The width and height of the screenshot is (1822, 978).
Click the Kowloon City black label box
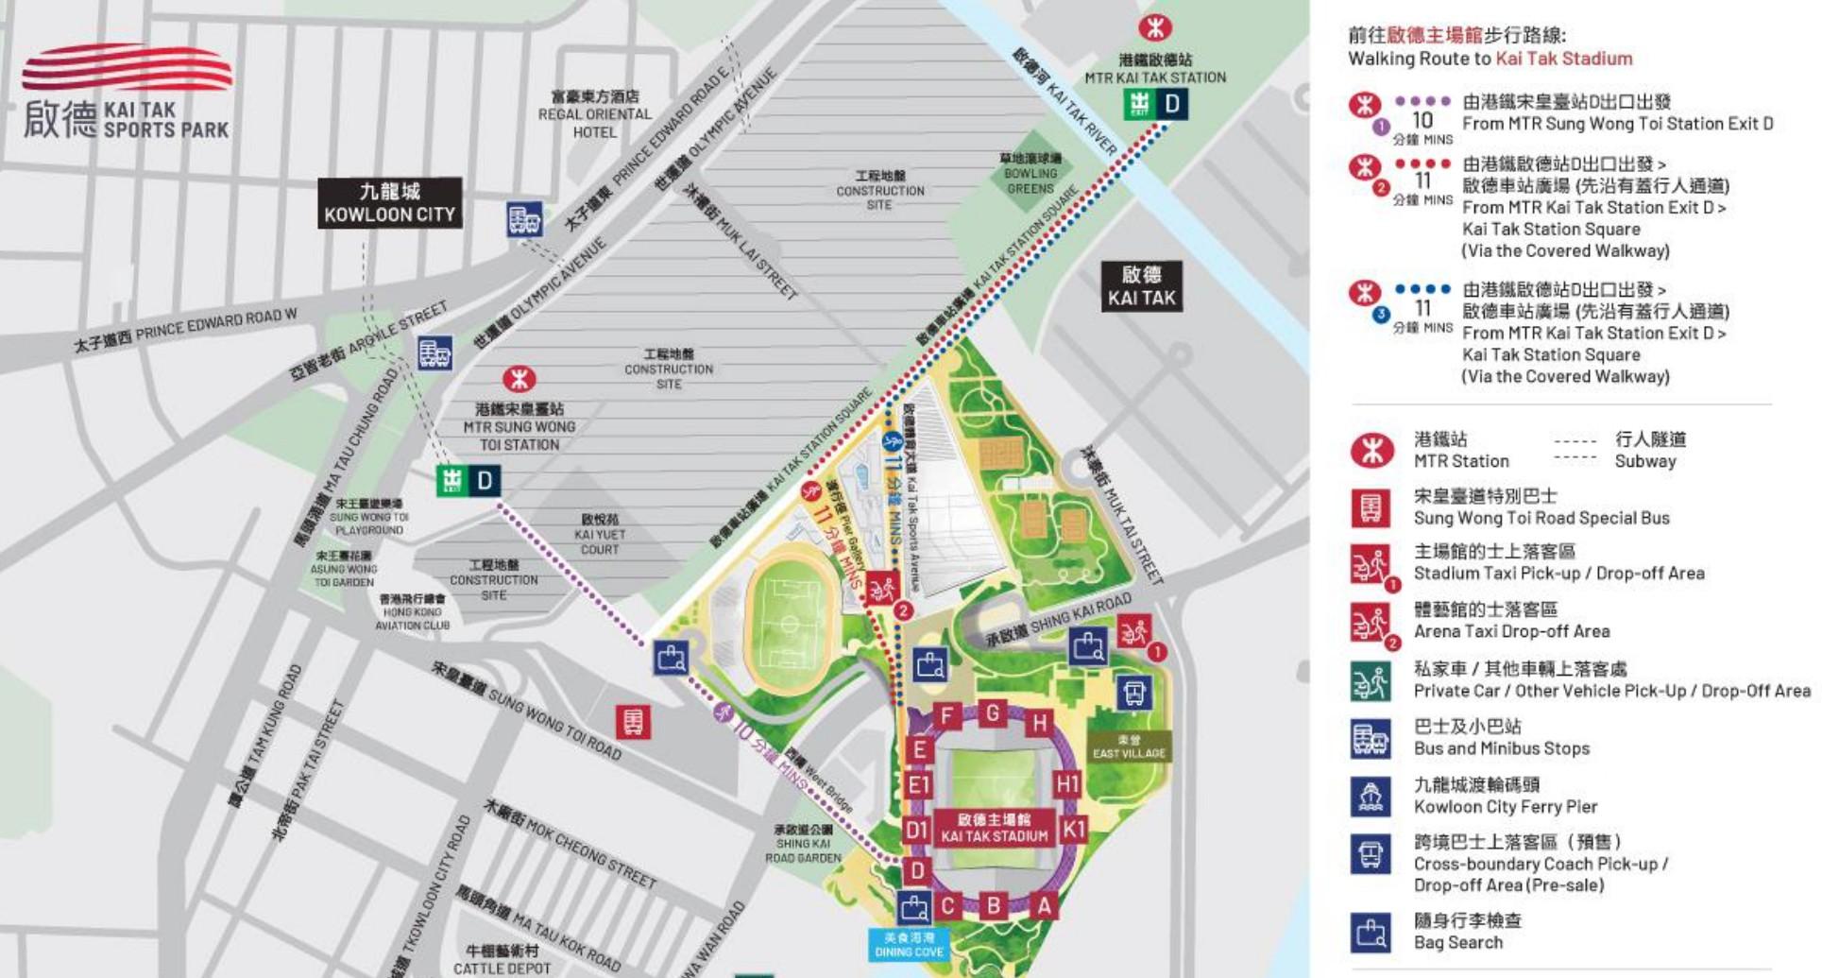pyautogui.click(x=389, y=203)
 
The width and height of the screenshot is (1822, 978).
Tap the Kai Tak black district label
pyautogui.click(x=1141, y=286)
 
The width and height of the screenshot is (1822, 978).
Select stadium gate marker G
pyautogui.click(x=992, y=712)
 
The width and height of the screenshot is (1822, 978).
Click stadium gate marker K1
pyautogui.click(x=1074, y=830)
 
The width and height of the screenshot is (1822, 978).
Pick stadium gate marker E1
pyautogui.click(x=918, y=785)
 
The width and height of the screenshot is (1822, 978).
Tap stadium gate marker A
pyautogui.click(x=1044, y=906)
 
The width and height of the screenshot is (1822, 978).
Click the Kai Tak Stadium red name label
pyautogui.click(x=994, y=828)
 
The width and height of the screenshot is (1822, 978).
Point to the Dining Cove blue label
pyautogui.click(x=909, y=945)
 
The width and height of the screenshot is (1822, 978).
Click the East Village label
pyautogui.click(x=1129, y=747)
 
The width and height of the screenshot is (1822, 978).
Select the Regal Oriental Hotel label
pyautogui.click(x=595, y=114)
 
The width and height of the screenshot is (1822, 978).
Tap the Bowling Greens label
pyautogui.click(x=1030, y=174)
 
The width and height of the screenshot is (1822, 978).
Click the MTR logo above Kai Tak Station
pyautogui.click(x=1154, y=27)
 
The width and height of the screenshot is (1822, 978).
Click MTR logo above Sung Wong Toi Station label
pyautogui.click(x=518, y=380)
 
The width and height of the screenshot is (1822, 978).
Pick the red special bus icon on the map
pyautogui.click(x=632, y=723)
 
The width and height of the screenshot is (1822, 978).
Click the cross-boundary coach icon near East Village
pyautogui.click(x=1133, y=693)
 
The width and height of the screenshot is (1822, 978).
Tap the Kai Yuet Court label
pyautogui.click(x=600, y=534)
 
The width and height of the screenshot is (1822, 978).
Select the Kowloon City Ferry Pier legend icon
pyautogui.click(x=1370, y=797)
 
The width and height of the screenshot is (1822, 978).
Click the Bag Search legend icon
pyautogui.click(x=1370, y=932)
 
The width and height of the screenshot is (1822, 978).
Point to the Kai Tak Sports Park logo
pyautogui.click(x=127, y=94)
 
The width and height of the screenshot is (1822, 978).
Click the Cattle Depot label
pyautogui.click(x=502, y=959)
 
